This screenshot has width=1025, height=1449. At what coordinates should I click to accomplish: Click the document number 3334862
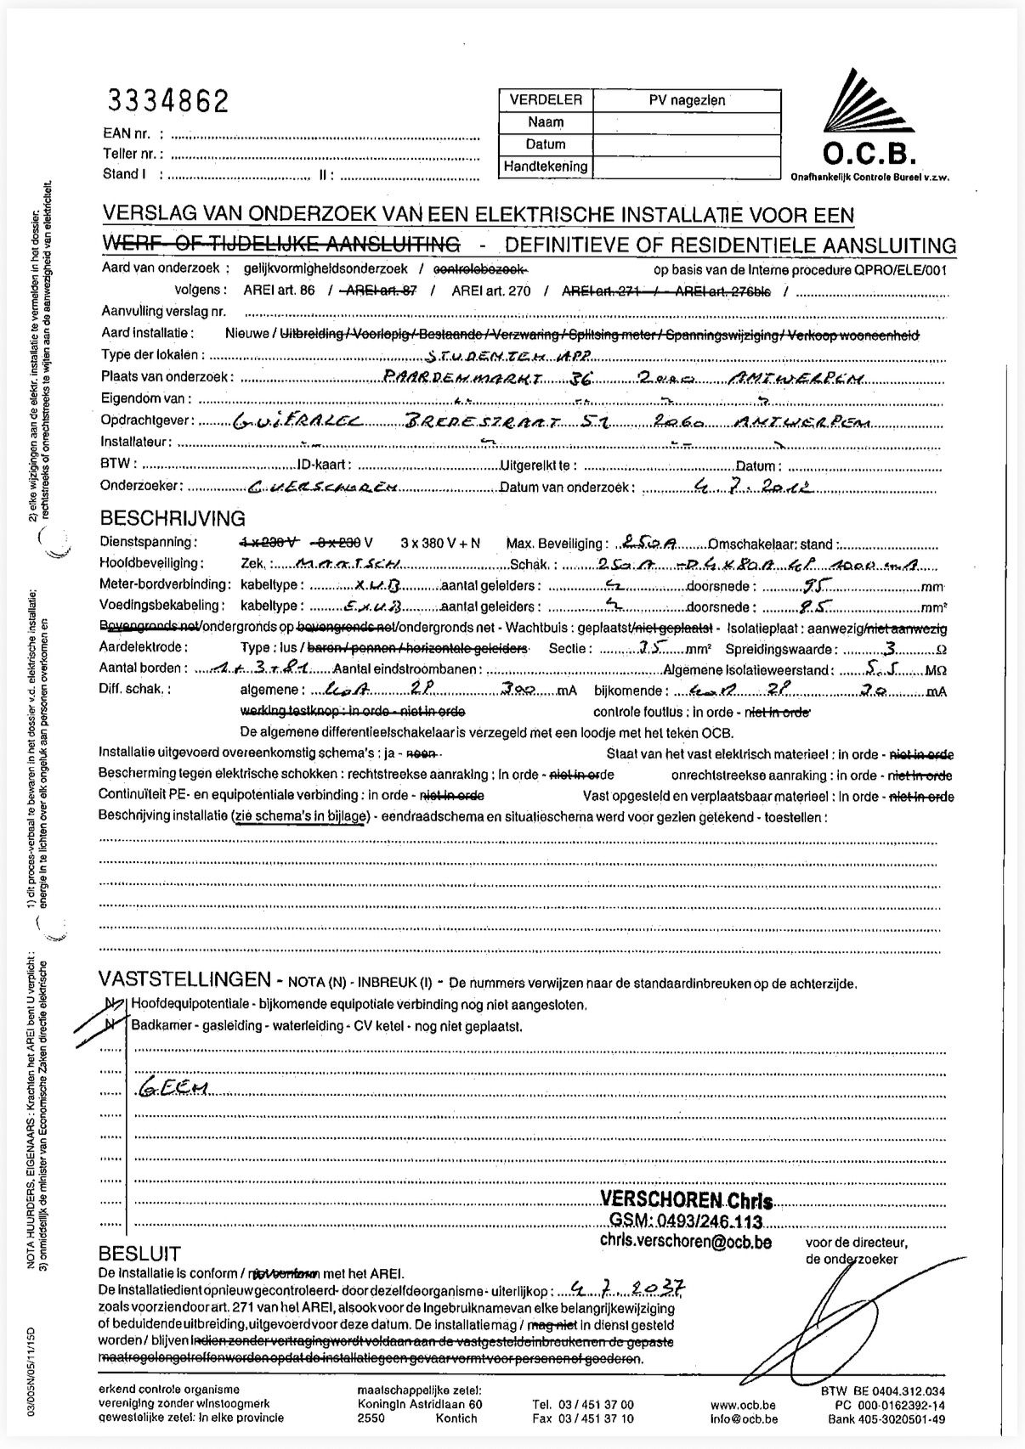click(x=167, y=102)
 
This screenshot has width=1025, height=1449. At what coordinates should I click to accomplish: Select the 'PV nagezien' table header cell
click(x=687, y=100)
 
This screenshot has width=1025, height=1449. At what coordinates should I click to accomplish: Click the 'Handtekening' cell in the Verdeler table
click(x=545, y=166)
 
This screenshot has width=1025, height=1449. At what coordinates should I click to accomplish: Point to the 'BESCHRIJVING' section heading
click(x=173, y=518)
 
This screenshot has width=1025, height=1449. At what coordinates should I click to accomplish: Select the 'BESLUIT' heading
click(x=139, y=1254)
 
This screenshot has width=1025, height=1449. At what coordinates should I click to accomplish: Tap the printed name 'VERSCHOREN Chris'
click(x=686, y=1200)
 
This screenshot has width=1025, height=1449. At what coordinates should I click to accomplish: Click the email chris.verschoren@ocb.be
click(x=685, y=1241)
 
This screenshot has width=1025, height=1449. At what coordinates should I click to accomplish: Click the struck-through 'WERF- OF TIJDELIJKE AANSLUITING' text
click(x=280, y=245)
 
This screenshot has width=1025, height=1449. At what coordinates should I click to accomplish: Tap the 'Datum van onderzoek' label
click(x=564, y=487)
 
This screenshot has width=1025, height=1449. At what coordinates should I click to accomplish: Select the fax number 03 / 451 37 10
click(x=583, y=1418)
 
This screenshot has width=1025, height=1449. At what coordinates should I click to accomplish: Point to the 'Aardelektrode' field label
click(x=143, y=647)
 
